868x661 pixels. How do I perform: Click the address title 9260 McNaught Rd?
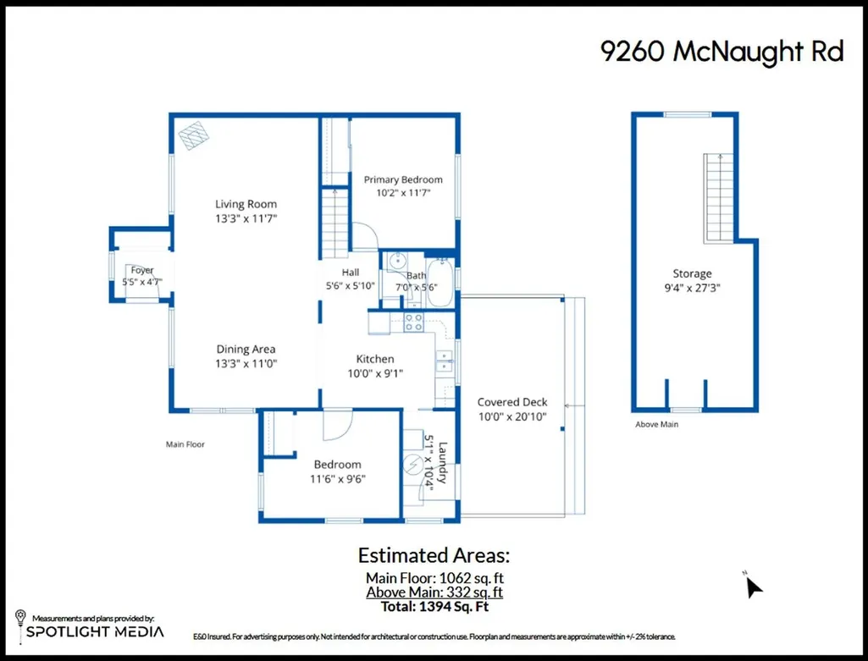click(721, 52)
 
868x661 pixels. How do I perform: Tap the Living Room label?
click(246, 204)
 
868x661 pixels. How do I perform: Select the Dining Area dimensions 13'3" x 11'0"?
click(246, 363)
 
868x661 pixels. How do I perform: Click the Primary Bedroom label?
click(403, 179)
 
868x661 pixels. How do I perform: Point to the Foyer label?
click(142, 270)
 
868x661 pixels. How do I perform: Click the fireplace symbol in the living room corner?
click(194, 135)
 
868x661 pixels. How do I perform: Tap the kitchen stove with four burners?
click(413, 322)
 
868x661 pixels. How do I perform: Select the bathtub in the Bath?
click(441, 283)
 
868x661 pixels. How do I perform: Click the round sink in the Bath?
click(397, 260)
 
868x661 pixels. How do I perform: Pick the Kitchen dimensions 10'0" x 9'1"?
click(375, 373)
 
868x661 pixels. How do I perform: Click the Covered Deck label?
click(512, 402)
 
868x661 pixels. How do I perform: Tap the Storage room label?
click(692, 273)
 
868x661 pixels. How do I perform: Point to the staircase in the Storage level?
click(719, 198)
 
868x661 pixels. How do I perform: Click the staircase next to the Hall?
click(334, 223)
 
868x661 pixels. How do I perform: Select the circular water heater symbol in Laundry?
click(412, 465)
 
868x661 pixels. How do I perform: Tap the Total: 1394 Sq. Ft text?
click(434, 606)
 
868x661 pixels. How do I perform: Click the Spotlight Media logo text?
click(95, 631)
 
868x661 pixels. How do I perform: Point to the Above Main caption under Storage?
click(656, 424)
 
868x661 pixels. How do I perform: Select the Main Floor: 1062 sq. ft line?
click(434, 578)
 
